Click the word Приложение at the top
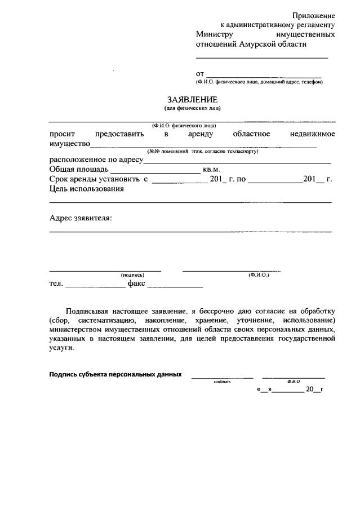[x=314, y=15]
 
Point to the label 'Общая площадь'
[x=78, y=169]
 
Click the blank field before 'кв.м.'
[x=155, y=170]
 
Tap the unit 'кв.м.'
[x=211, y=170]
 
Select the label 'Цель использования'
[x=86, y=189]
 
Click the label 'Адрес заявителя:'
[x=81, y=218]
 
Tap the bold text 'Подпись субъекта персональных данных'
[x=115, y=374]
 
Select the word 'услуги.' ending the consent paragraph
[x=61, y=348]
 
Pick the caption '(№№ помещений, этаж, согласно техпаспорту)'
[x=203, y=152]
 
